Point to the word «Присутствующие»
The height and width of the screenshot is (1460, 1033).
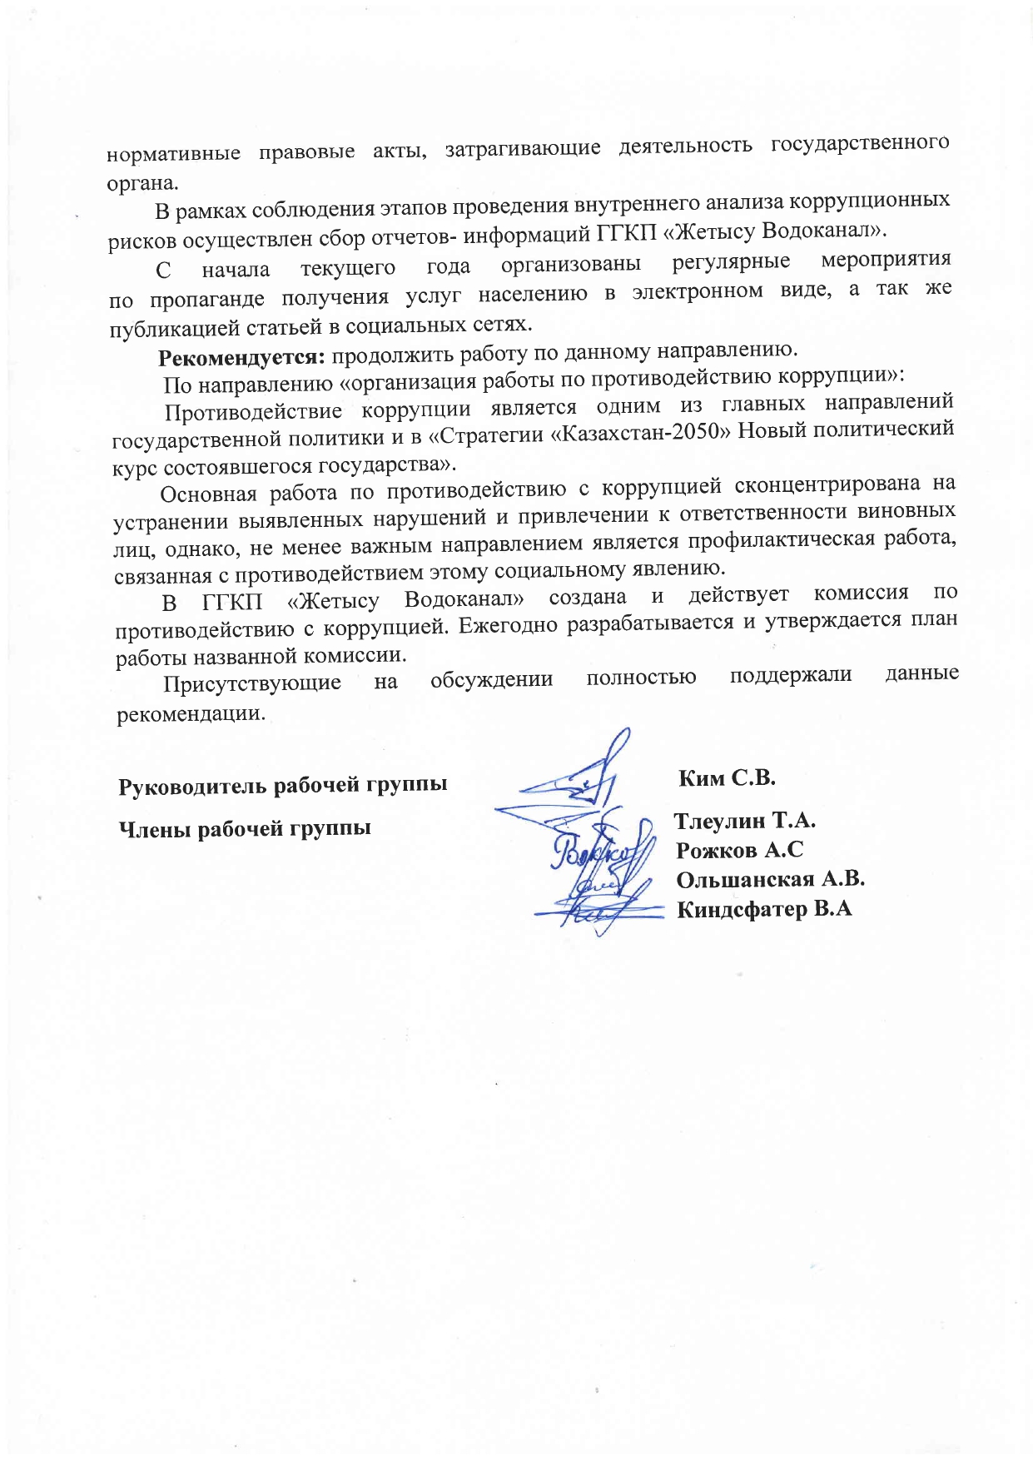coord(252,684)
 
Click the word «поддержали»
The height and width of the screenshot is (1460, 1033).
coord(790,675)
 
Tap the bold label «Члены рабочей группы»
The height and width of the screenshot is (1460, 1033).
coord(245,828)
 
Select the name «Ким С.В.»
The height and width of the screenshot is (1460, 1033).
coord(728,778)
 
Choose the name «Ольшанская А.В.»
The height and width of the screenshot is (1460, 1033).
coord(771,880)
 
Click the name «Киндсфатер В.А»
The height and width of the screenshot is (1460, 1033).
coord(764,909)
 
